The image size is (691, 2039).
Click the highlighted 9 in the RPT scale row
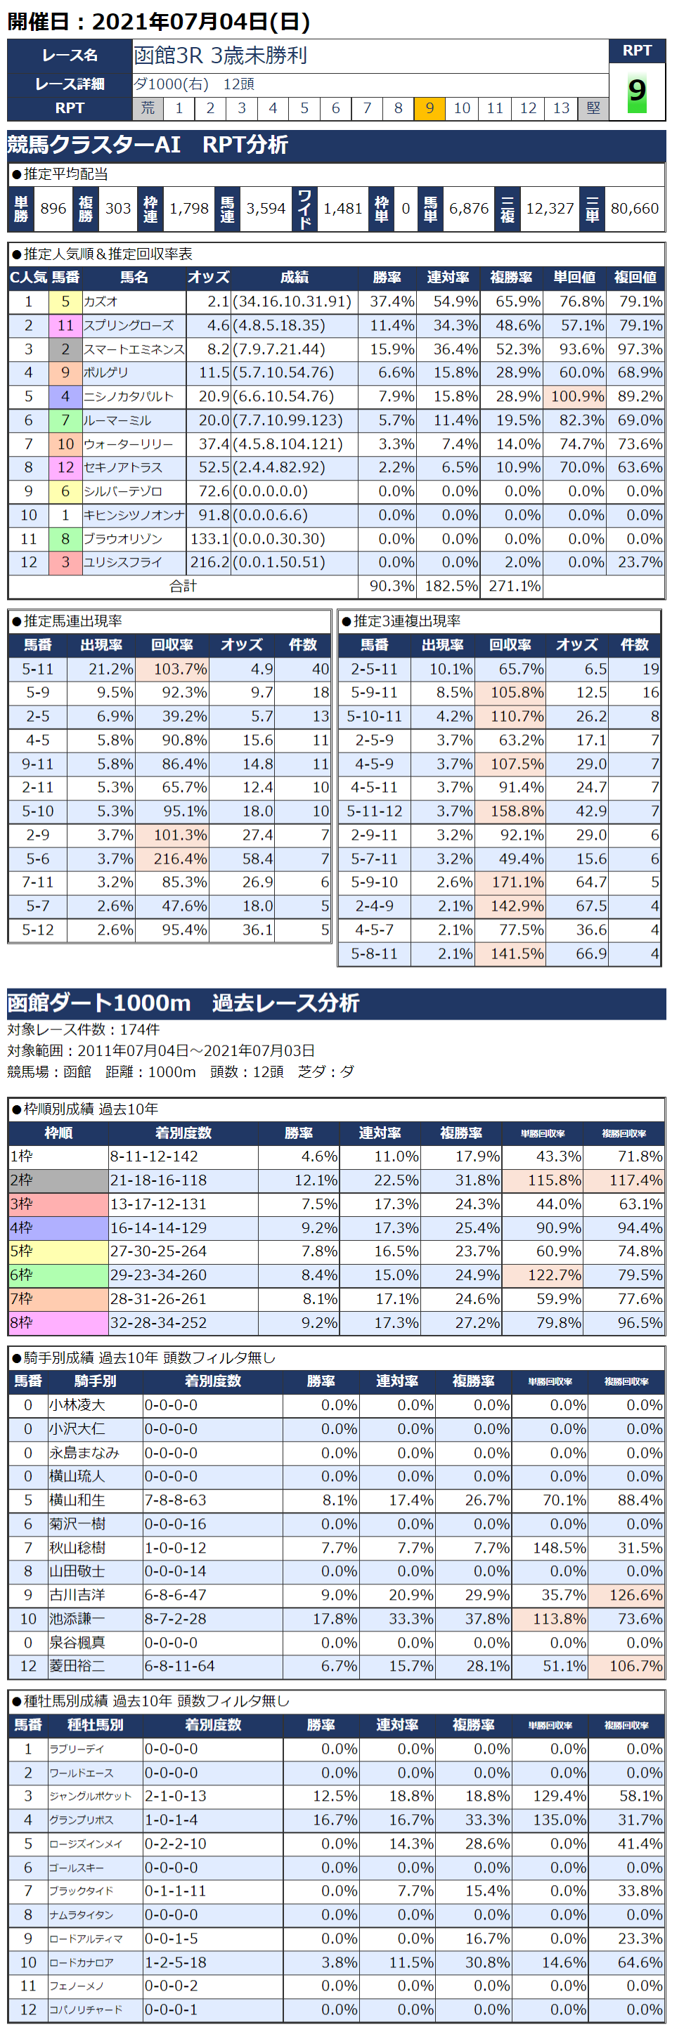point(429,108)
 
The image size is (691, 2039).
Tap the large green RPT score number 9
point(636,92)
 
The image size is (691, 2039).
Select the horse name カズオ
point(101,301)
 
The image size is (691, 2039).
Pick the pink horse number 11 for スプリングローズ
point(65,325)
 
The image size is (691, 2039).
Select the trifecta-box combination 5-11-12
point(375,812)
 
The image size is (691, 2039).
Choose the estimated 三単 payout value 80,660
point(634,208)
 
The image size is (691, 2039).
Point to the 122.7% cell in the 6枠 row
point(542,1275)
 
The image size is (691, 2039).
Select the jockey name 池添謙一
point(77,1619)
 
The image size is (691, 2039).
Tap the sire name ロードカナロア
point(82,1963)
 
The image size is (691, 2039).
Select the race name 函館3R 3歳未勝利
point(220,56)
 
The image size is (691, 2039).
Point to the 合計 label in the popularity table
point(183,587)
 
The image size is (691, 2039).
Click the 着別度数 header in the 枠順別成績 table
point(183,1133)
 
